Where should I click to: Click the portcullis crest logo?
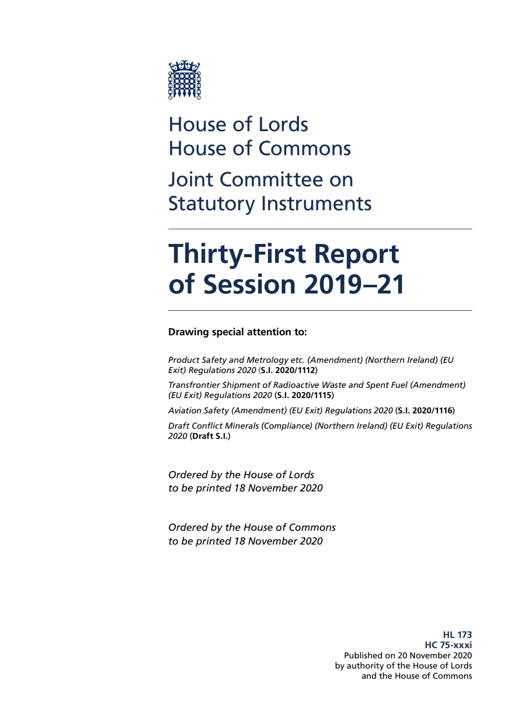click(x=184, y=80)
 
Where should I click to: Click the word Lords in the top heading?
click(x=283, y=125)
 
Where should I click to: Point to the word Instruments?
click(x=316, y=204)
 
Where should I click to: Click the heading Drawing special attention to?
click(x=237, y=332)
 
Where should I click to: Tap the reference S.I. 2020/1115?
click(x=304, y=396)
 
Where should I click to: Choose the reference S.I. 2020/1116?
click(x=425, y=411)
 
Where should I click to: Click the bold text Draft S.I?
click(x=210, y=436)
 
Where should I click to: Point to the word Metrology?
click(x=267, y=360)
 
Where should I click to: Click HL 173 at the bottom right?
click(x=457, y=635)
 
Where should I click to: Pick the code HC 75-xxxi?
click(x=448, y=645)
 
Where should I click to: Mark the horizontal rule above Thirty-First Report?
click(x=320, y=229)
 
